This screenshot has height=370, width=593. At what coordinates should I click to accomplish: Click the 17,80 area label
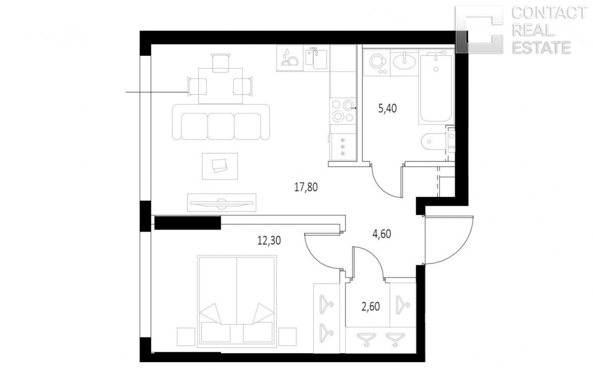306,187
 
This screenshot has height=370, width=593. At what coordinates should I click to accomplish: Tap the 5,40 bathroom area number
387,109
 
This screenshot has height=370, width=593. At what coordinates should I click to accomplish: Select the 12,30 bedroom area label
269,241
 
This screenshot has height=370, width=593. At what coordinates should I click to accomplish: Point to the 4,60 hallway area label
381,234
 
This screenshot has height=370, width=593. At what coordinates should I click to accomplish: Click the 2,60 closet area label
371,306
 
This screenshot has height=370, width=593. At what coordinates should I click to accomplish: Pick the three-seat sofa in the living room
221,122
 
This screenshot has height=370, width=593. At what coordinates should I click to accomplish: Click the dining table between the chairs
220,86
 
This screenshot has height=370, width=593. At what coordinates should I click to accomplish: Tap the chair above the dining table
220,63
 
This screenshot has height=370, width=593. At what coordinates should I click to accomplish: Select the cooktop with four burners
343,111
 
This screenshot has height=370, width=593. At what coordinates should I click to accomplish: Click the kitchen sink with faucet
316,58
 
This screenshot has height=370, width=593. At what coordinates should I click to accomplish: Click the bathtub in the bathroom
436,87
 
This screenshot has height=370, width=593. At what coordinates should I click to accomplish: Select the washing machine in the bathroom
377,63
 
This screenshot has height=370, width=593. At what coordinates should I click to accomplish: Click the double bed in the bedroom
237,301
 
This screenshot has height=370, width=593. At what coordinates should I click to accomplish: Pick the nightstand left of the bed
186,336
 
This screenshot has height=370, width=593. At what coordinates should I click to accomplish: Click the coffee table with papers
220,166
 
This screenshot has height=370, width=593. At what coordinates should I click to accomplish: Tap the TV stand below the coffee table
221,203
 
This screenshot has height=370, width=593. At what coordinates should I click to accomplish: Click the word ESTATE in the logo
542,48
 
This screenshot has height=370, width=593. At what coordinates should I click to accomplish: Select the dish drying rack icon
290,58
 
